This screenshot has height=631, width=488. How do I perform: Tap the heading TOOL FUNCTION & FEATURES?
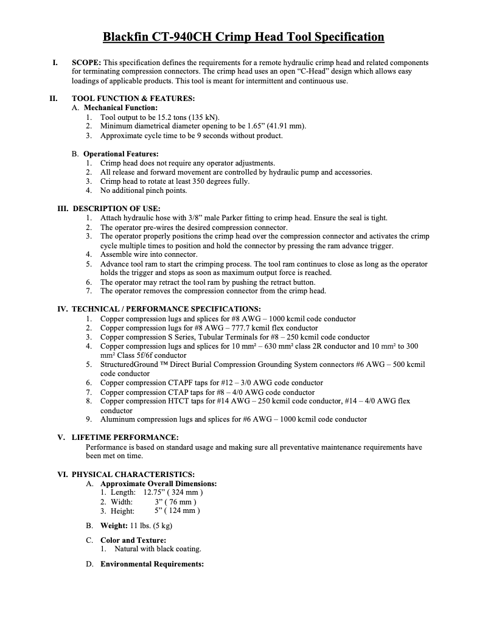pyautogui.click(x=133, y=99)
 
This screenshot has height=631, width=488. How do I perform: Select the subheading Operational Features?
pyautogui.click(x=120, y=154)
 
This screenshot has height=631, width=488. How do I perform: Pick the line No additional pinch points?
pyautogui.click(x=144, y=190)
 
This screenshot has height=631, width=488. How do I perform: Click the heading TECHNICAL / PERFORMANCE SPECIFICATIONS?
pyautogui.click(x=166, y=309)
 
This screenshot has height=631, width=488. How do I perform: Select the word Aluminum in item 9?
pyautogui.click(x=117, y=419)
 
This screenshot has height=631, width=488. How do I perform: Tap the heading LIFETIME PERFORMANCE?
pyautogui.click(x=125, y=438)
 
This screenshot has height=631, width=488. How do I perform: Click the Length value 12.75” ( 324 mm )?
pyautogui.click(x=173, y=492)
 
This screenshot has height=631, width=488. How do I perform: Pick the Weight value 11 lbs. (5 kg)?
pyautogui.click(x=151, y=525)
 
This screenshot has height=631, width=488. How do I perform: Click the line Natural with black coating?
pyautogui.click(x=158, y=549)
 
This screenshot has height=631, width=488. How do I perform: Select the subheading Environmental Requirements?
pyautogui.click(x=152, y=564)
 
